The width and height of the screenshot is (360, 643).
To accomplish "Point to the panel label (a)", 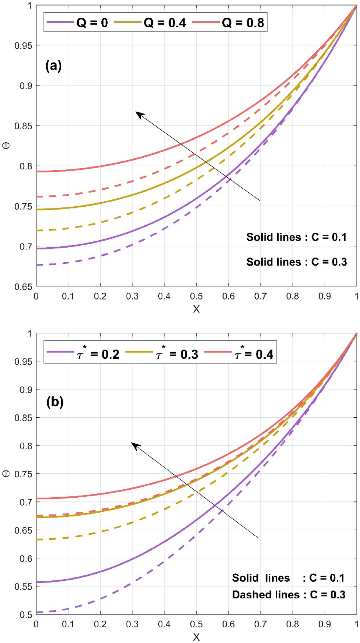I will click(53, 66).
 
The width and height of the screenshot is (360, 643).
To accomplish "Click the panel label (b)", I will click(55, 402).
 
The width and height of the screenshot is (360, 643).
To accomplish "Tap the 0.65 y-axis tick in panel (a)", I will click(23, 287).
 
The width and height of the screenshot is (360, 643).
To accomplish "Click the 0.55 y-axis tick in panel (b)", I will click(23, 587).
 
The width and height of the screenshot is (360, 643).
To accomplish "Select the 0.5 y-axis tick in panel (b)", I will click(26, 615).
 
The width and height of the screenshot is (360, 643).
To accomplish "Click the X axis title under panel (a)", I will click(196, 309).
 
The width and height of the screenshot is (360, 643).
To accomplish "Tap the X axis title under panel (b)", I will click(196, 637).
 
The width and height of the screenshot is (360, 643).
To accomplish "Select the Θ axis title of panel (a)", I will click(6, 146).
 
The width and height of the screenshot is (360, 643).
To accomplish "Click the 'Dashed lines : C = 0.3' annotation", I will click(289, 595).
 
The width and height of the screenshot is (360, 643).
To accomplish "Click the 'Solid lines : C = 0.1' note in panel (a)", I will click(296, 237).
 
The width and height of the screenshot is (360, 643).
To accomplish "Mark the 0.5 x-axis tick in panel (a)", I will click(196, 296).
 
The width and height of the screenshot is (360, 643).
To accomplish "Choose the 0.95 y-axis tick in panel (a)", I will click(23, 45).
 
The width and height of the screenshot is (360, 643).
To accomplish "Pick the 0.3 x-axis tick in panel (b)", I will click(132, 624).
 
